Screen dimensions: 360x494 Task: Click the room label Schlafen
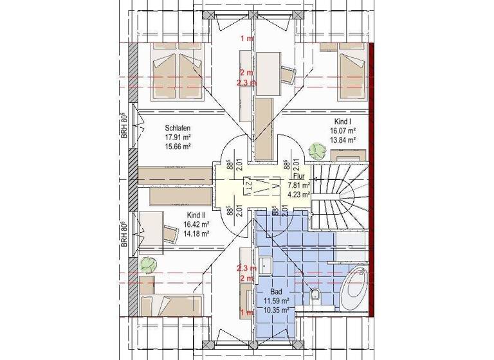click(177, 128)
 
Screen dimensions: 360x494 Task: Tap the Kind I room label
click(342, 121)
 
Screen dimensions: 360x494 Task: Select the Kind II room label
click(196, 215)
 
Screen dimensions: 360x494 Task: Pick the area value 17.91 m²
click(178, 138)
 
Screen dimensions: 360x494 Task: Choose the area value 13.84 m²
click(342, 139)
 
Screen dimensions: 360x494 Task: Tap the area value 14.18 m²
click(196, 233)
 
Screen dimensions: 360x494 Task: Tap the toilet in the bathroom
click(315, 296)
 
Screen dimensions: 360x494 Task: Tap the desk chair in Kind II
click(170, 233)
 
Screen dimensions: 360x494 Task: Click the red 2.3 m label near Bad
click(246, 268)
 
